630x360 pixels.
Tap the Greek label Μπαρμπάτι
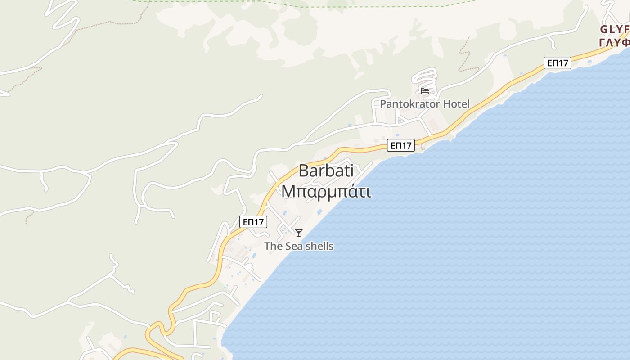pyautogui.click(x=326, y=191)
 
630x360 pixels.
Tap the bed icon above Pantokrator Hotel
pyautogui.click(x=424, y=91)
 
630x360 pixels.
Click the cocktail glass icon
pyautogui.click(x=299, y=233)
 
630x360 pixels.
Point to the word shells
pyautogui.click(x=318, y=246)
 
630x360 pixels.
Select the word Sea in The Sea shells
pyautogui.click(x=293, y=246)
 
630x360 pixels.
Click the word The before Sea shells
pyautogui.click(x=273, y=246)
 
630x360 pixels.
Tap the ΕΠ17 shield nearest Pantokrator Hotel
pyautogui.click(x=400, y=145)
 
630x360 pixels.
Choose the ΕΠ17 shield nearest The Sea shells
pyautogui.click(x=253, y=222)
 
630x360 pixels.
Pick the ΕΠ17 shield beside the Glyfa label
pyautogui.click(x=558, y=63)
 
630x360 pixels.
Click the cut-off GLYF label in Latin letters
pyautogui.click(x=615, y=30)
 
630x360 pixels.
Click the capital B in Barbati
pyautogui.click(x=304, y=171)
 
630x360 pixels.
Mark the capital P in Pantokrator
pyautogui.click(x=383, y=104)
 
